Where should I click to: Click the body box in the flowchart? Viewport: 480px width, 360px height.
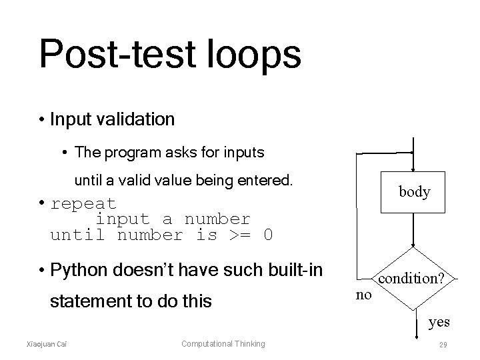[x=414, y=192]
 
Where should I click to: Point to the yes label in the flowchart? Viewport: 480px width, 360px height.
[x=439, y=322]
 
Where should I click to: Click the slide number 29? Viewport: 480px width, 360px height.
[x=443, y=344]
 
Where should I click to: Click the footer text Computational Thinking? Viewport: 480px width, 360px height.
[x=223, y=344]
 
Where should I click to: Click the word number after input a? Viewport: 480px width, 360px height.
[x=217, y=219]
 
